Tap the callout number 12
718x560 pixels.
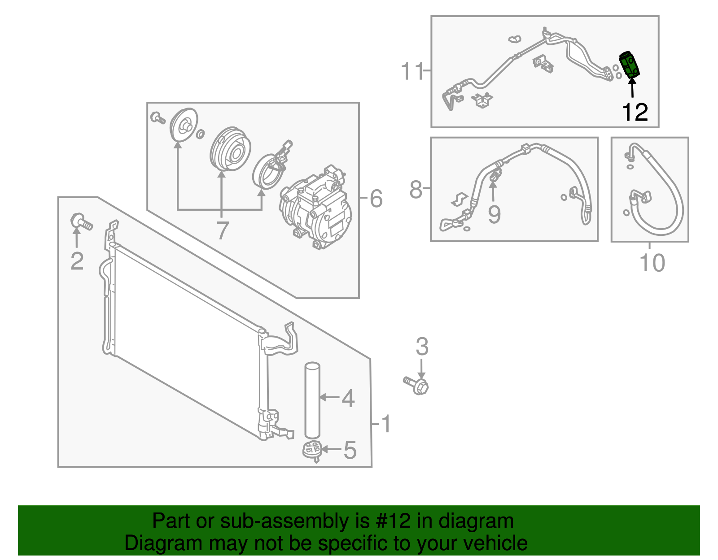click(635, 112)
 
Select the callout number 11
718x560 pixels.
click(412, 71)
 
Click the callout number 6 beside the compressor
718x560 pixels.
click(376, 198)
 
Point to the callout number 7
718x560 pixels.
click(222, 230)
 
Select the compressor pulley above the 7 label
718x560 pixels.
click(231, 149)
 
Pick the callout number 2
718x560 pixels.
click(77, 261)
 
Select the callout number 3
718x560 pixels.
click(422, 347)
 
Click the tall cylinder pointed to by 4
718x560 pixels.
click(312, 400)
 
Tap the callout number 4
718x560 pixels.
click(348, 398)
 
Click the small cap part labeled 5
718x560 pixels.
click(312, 450)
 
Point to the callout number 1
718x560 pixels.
click(386, 424)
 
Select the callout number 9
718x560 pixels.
click(494, 215)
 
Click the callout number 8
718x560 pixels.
click(416, 190)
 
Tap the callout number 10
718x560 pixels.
click(652, 263)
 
